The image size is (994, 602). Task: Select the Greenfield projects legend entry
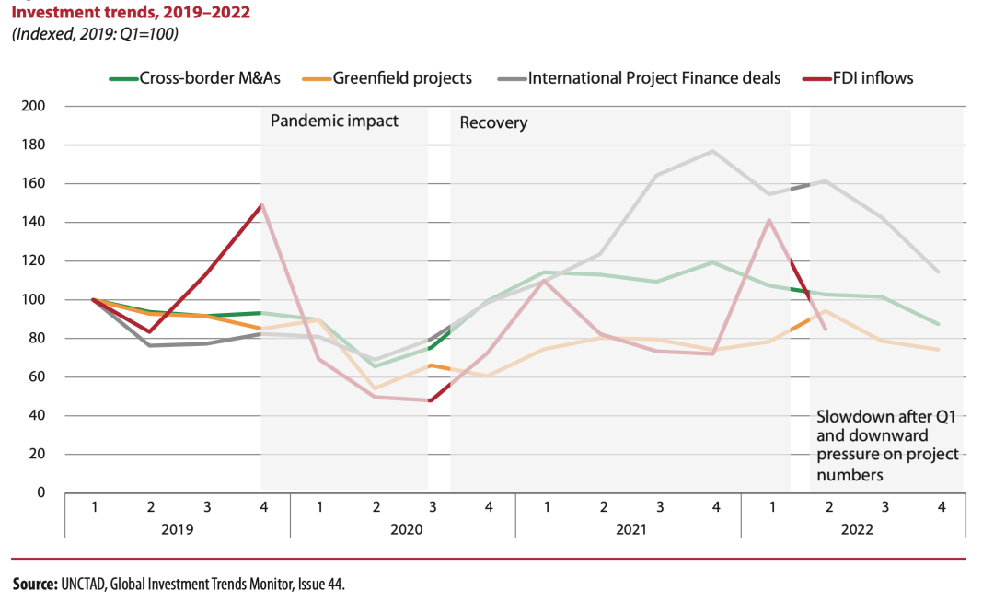[x=402, y=78]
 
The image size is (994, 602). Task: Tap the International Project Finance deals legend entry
[x=654, y=78]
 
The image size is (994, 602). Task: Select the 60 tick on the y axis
[x=39, y=377]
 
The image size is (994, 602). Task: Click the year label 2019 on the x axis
[x=177, y=530]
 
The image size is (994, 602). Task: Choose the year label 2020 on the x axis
[x=403, y=530]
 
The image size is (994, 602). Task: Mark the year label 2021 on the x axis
[x=629, y=530]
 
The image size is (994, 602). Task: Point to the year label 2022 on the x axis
[x=854, y=530]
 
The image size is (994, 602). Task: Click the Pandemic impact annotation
[x=334, y=121]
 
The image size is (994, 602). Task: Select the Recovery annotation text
[x=493, y=122]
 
